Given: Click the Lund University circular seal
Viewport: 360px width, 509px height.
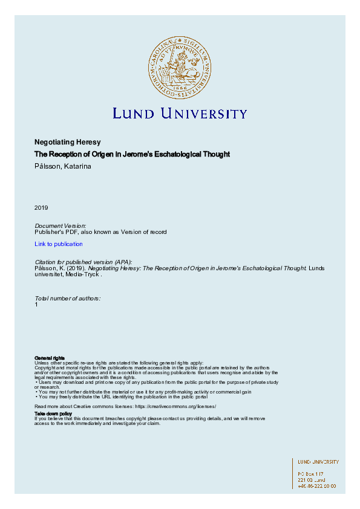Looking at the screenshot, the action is tap(180, 66).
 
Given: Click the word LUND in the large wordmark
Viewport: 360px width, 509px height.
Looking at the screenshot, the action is tap(134, 114).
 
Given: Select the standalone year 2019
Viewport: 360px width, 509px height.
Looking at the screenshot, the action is tap(41, 208).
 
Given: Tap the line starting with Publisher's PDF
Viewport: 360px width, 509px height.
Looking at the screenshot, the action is tap(100, 232).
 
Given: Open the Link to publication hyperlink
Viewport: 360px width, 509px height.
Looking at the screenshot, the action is tap(59, 244).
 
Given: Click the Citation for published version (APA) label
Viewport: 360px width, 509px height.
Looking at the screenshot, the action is tap(84, 261).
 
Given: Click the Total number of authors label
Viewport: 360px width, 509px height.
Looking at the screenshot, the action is tap(68, 299).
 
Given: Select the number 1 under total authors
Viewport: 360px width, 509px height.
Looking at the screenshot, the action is tap(37, 305).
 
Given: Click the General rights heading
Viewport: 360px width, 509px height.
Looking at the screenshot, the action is tap(50, 358).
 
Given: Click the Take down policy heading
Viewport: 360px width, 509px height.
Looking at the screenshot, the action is tap(53, 413).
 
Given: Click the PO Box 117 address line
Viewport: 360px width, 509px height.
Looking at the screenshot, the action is tap(311, 474).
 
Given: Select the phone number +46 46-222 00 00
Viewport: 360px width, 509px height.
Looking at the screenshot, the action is tap(317, 486).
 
